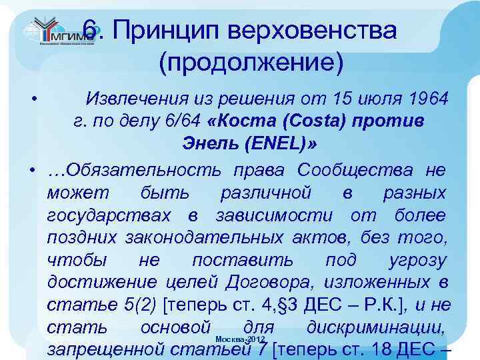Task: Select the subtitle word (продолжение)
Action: pos(252,64)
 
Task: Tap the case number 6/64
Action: pos(165,122)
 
